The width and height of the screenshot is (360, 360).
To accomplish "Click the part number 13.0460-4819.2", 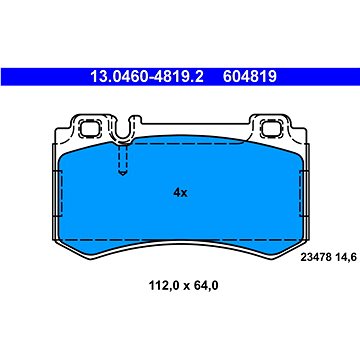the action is click(x=147, y=77).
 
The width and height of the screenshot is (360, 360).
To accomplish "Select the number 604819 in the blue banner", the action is click(x=250, y=77).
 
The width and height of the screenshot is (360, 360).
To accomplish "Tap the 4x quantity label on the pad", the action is click(x=180, y=193).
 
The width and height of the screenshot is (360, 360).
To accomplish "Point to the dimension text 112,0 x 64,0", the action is click(x=184, y=285).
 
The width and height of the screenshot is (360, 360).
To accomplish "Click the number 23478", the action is click(x=316, y=257).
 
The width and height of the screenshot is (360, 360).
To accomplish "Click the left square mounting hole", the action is click(x=88, y=129).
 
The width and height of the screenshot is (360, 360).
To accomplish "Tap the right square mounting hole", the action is click(x=269, y=129).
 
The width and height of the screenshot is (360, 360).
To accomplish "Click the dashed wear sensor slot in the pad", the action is click(x=123, y=159).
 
